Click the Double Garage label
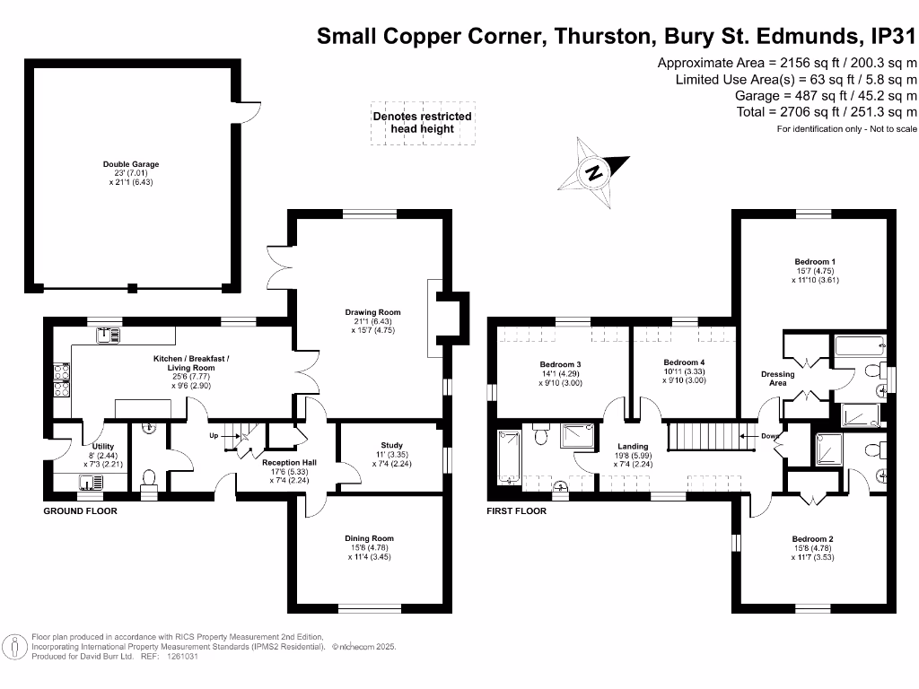coord(131,164)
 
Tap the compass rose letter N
coord(595,173)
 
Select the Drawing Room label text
coord(372,312)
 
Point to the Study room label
coord(391,445)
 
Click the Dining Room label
coord(369,538)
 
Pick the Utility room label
coord(102,447)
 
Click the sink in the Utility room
coord(91,482)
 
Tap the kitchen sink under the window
coord(108,336)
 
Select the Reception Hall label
coord(289,462)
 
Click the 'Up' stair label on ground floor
coord(214,436)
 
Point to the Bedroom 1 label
coord(815,262)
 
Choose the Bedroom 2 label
coord(812,539)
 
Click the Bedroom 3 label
coord(560,364)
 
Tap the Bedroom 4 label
coord(684,362)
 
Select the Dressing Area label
coord(778,379)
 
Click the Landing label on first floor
coord(633,447)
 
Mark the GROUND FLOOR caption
coord(80,510)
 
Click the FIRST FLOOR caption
coord(516,510)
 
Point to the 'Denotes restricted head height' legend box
coord(423,123)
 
